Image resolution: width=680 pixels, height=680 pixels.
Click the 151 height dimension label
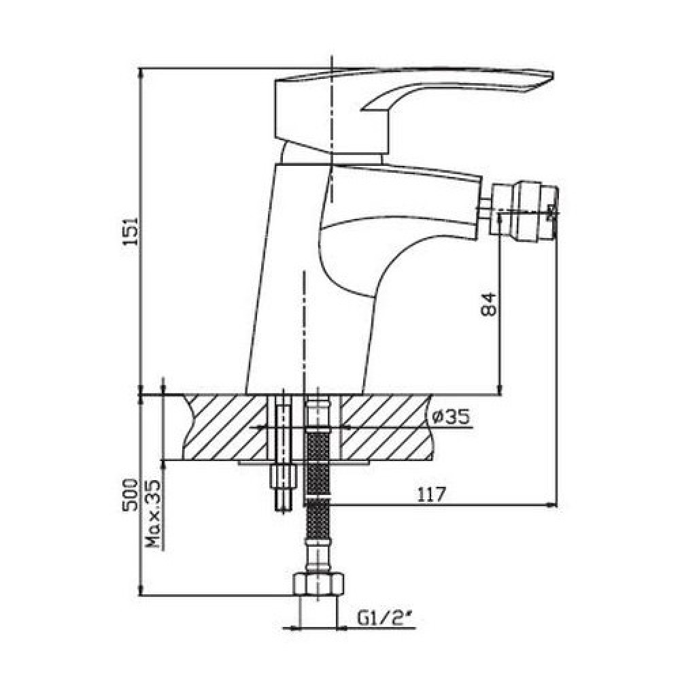tap(131, 231)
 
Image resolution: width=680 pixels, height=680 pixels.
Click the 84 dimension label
tap(489, 305)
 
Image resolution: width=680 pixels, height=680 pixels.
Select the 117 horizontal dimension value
tap(431, 494)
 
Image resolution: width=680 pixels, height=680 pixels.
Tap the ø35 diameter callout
tap(451, 417)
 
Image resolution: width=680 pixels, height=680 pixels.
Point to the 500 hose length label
tap(131, 495)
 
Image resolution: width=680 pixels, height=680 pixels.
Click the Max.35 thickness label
tap(153, 514)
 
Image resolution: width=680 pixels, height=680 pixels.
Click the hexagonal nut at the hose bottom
tap(319, 584)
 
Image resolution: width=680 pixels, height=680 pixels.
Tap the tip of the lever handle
tap(551, 75)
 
